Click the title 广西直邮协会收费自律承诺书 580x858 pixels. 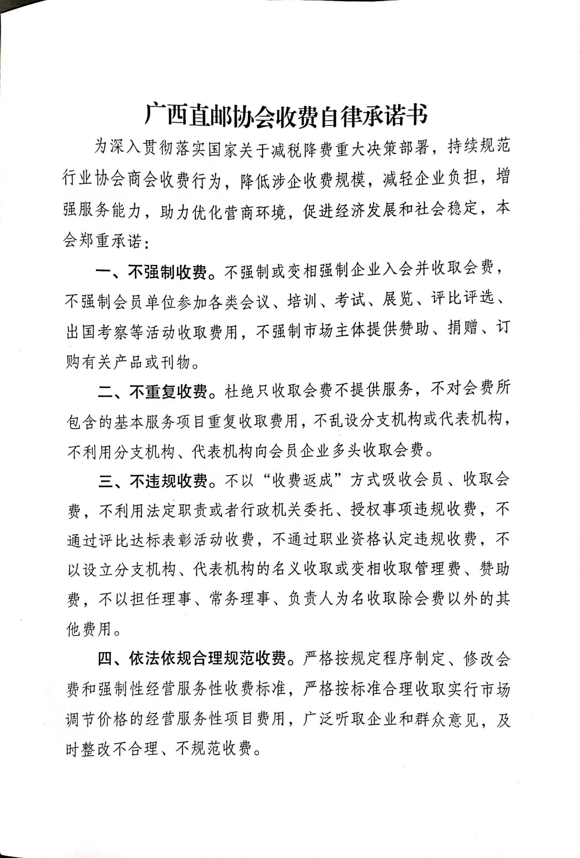(x=286, y=115)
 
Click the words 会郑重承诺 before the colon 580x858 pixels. (x=102, y=240)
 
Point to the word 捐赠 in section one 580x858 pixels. (x=462, y=328)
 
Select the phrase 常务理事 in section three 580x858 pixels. (x=240, y=599)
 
